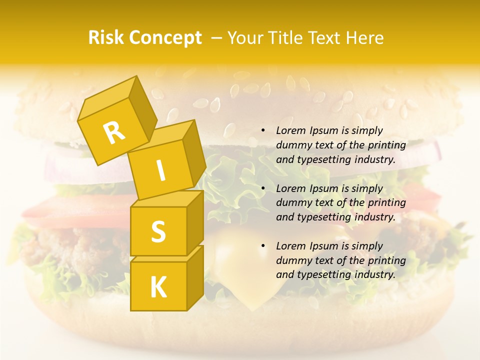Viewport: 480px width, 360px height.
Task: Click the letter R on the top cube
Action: click(x=114, y=132)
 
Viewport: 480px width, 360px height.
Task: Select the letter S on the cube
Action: click(x=158, y=231)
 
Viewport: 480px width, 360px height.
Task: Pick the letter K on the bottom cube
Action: click(x=158, y=287)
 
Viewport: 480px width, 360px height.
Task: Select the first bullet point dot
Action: click(x=263, y=131)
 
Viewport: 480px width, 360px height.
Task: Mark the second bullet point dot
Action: click(x=263, y=188)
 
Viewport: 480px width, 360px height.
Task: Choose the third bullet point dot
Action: click(x=263, y=246)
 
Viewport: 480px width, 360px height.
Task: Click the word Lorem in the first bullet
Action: click(x=290, y=130)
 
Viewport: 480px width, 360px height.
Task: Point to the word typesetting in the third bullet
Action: click(x=321, y=274)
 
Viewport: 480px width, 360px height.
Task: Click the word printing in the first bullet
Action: click(x=386, y=145)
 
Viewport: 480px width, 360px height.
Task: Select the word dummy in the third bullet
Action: click(x=292, y=260)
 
